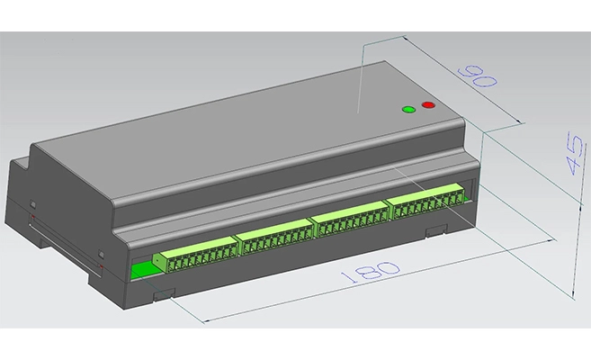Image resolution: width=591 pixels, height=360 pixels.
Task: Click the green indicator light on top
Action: (408, 110)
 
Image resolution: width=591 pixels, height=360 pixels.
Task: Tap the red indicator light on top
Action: (428, 104)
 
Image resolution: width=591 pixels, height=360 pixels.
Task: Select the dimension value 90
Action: (477, 76)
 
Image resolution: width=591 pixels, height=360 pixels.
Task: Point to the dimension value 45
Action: (575, 153)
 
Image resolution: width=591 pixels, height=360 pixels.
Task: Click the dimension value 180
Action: (370, 272)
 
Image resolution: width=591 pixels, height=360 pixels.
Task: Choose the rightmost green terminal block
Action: (428, 201)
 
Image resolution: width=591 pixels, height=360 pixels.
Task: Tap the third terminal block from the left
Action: (350, 219)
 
